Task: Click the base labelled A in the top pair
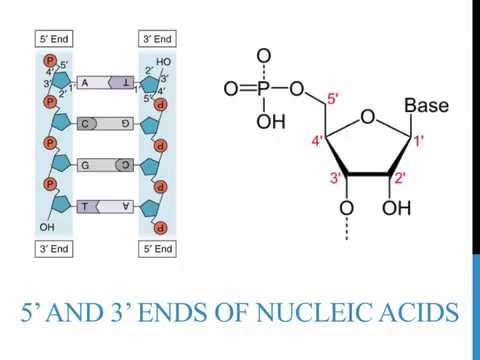(x=86, y=83)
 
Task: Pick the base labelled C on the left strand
(x=88, y=124)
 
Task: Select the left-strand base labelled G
(x=87, y=165)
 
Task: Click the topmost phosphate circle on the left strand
(x=49, y=62)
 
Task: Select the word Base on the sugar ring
(x=426, y=105)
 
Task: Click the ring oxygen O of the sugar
(x=367, y=118)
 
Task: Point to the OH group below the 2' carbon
(x=397, y=209)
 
